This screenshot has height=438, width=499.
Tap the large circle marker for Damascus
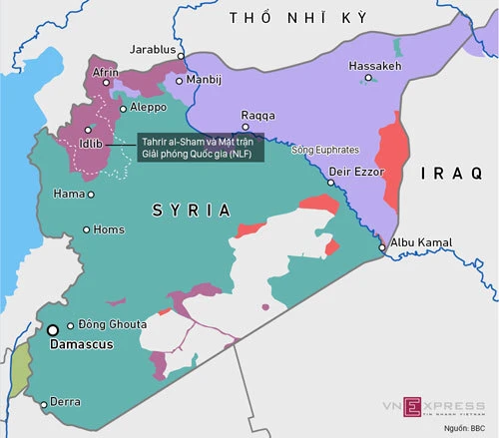(x=53, y=329)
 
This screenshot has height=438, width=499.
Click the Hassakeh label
(x=373, y=66)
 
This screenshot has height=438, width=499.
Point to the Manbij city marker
(x=179, y=81)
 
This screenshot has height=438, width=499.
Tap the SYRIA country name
(x=191, y=210)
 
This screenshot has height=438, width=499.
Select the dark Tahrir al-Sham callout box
(x=200, y=148)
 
